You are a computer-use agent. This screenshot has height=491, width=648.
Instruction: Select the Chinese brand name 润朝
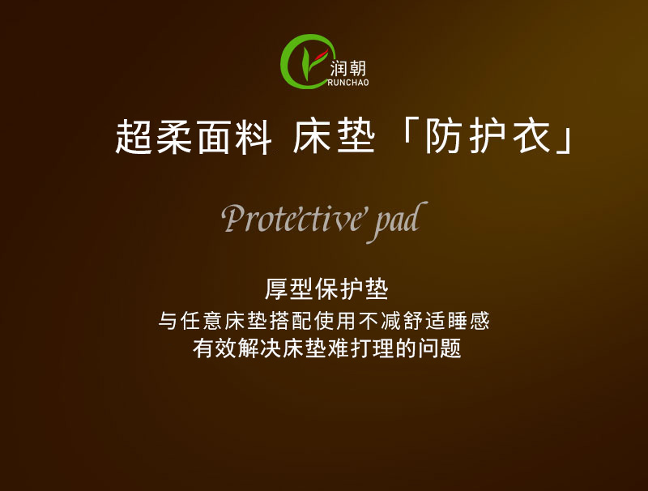tap(348, 68)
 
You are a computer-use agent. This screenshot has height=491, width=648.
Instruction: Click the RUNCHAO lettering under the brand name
tap(348, 83)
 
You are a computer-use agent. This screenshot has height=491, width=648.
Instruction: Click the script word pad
tap(398, 221)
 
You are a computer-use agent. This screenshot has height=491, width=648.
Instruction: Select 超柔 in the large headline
tap(153, 137)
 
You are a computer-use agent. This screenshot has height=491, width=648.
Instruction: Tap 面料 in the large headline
tap(234, 137)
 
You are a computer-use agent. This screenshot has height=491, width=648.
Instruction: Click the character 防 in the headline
tap(443, 137)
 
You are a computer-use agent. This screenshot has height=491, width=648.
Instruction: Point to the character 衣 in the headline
tap(532, 137)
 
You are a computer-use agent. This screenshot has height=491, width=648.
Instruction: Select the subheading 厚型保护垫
tap(326, 288)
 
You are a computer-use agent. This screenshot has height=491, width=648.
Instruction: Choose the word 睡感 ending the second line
tap(467, 321)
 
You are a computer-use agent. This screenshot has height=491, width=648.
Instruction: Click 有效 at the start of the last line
tap(214, 348)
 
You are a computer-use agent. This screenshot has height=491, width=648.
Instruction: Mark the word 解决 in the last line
tap(259, 348)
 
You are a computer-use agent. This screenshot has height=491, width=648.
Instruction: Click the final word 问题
tap(439, 348)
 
